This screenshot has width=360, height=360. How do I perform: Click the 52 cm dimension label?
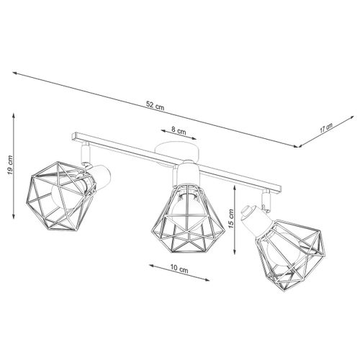[x=156, y=106]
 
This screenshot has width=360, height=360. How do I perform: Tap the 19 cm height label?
[x=10, y=165]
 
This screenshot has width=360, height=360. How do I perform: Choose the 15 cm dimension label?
[x=231, y=218]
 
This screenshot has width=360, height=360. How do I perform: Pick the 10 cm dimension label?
[x=179, y=269]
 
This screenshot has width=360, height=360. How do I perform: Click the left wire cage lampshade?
[x=61, y=196]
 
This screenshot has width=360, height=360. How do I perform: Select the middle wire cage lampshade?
[x=188, y=217]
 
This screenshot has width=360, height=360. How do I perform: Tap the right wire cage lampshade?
[x=291, y=254]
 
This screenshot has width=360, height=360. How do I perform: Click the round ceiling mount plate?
[x=176, y=150]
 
